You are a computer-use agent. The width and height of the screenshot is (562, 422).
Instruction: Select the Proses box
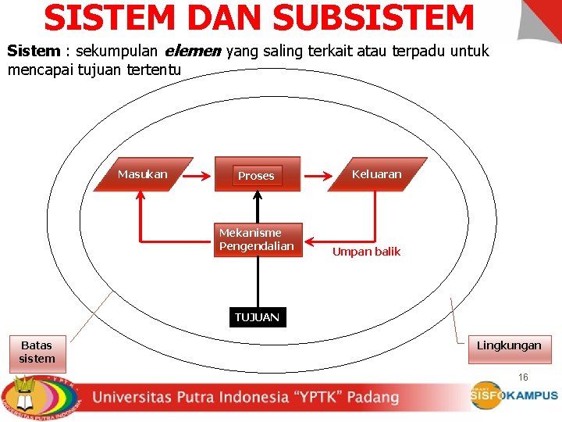pyautogui.click(x=256, y=176)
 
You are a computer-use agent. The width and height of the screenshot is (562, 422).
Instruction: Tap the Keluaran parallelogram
pyautogui.click(x=376, y=174)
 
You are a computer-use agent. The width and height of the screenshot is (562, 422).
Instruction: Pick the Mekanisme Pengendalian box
pyautogui.click(x=257, y=240)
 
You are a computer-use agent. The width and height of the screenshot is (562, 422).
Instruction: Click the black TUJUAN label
pyautogui.click(x=257, y=317)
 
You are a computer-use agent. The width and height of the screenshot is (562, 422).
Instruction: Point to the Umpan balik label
pyautogui.click(x=366, y=252)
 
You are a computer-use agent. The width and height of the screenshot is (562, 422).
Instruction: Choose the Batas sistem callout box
pyautogui.click(x=37, y=352)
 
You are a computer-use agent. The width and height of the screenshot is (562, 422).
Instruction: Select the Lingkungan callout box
pyautogui.click(x=509, y=345)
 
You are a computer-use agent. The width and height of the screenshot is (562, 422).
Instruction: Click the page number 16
pyautogui.click(x=523, y=377)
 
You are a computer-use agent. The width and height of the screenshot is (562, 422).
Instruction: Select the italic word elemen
pyautogui.click(x=193, y=52)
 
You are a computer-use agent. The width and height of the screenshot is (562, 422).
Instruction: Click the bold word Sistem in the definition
pyautogui.click(x=34, y=52)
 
